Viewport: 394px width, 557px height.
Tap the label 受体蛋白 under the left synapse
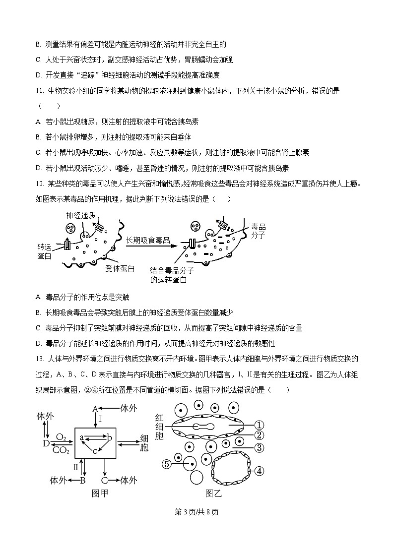click(x=120, y=268)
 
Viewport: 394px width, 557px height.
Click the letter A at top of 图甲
click(x=95, y=409)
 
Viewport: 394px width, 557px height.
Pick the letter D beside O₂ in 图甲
click(x=46, y=443)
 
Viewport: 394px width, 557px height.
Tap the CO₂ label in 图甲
click(x=61, y=450)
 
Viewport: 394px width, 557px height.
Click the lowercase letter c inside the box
click(x=95, y=451)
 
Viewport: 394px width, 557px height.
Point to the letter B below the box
click(x=83, y=480)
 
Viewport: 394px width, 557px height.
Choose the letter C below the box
click(x=105, y=480)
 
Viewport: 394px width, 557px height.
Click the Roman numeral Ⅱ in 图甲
click(x=76, y=467)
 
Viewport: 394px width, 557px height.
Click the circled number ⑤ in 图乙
click(x=167, y=464)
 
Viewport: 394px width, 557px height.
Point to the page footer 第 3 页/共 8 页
click(x=197, y=512)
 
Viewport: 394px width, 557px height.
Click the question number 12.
click(x=40, y=184)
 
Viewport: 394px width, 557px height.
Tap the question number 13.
click(x=40, y=358)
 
